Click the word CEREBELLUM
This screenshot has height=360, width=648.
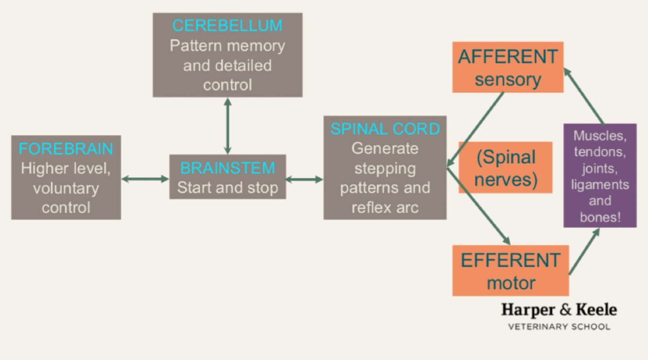point(227,26)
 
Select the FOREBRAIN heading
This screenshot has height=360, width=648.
point(66,149)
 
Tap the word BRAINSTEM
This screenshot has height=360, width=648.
point(227,168)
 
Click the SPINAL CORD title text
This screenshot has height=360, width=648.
point(385,129)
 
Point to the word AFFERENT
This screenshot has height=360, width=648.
point(508,57)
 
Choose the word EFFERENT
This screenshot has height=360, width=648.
point(510,260)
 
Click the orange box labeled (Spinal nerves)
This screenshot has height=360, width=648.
point(506,168)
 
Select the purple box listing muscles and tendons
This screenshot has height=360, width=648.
point(600,175)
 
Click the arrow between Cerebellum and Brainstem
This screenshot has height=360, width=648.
point(227,126)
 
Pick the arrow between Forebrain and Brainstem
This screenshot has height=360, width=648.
point(145,179)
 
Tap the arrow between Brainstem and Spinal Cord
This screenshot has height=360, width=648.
point(304,179)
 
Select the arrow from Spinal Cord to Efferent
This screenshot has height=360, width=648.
point(478,206)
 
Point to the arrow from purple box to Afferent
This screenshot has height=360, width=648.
point(584,96)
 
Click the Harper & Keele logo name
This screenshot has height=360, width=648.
point(559,309)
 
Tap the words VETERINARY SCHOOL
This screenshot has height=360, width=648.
point(559,326)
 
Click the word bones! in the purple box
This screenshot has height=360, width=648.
point(600,217)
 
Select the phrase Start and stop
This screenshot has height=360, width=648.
point(227,188)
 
